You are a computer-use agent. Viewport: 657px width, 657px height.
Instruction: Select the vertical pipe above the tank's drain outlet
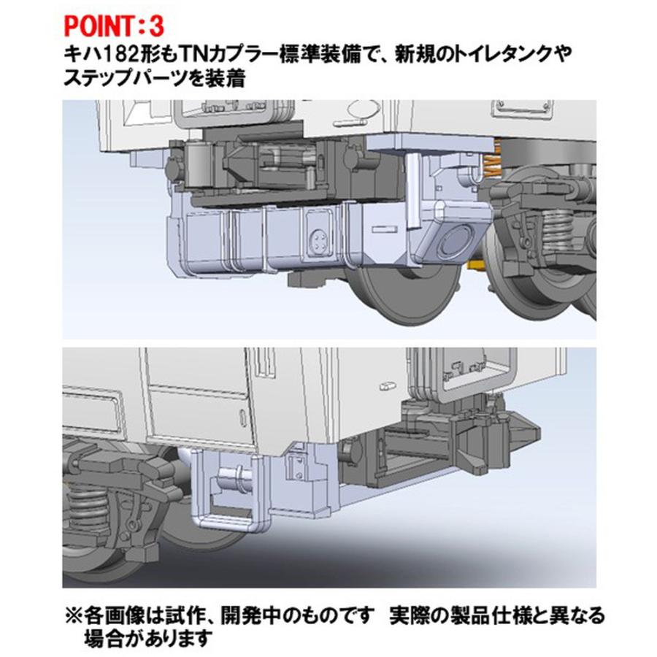point(413,190)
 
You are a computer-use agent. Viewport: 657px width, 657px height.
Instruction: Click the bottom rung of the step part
point(226,520)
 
